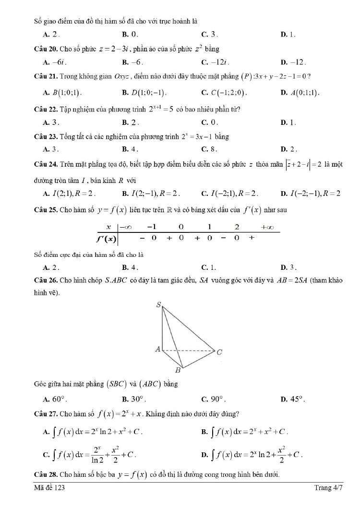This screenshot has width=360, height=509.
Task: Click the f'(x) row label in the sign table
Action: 107,238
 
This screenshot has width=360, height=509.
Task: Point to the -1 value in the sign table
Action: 152,227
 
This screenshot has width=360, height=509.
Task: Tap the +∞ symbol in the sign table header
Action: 266,227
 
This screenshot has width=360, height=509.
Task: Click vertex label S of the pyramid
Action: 159,304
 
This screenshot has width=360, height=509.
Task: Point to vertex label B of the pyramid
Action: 177,370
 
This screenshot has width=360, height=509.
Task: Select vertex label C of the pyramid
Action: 219,352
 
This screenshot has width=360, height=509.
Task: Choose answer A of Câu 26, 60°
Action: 55,399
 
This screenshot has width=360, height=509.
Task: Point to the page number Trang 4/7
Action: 328,488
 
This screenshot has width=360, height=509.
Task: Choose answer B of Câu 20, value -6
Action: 133,62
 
